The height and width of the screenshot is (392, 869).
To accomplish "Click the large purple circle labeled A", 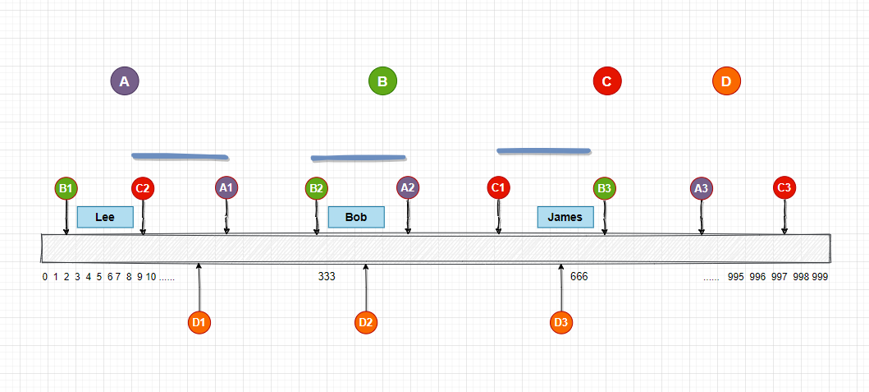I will pyautogui.click(x=125, y=81).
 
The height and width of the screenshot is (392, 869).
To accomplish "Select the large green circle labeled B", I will pyautogui.click(x=382, y=81).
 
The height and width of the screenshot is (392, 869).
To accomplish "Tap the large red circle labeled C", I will pyautogui.click(x=607, y=81).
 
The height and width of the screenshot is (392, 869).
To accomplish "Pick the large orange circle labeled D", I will pyautogui.click(x=726, y=81).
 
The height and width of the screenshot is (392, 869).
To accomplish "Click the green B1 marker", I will pyautogui.click(x=66, y=188).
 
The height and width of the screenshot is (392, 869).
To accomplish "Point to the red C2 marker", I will pyautogui.click(x=143, y=188).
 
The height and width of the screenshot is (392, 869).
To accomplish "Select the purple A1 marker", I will pyautogui.click(x=226, y=187).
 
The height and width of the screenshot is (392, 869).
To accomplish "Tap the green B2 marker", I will pyautogui.click(x=316, y=188).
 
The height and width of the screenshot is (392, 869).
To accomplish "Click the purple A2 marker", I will pyautogui.click(x=407, y=187).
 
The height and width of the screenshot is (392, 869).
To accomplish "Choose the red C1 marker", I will pyautogui.click(x=497, y=187).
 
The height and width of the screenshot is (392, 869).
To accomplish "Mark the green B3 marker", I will pyautogui.click(x=605, y=188).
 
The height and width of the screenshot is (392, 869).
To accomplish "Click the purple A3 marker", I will pyautogui.click(x=701, y=188).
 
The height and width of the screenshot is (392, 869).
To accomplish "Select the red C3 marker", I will pyautogui.click(x=784, y=187).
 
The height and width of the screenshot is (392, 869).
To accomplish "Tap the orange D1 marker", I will pyautogui.click(x=199, y=322).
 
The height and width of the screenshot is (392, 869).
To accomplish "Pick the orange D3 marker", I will pyautogui.click(x=561, y=322).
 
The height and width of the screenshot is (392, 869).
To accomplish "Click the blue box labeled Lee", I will pyautogui.click(x=105, y=217).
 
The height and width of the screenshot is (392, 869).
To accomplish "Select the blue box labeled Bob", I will pyautogui.click(x=356, y=217).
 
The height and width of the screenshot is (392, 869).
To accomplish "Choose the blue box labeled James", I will pyautogui.click(x=565, y=217).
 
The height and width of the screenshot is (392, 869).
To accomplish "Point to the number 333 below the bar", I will pyautogui.click(x=327, y=276).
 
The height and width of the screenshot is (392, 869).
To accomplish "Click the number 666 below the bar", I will pyautogui.click(x=579, y=276).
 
